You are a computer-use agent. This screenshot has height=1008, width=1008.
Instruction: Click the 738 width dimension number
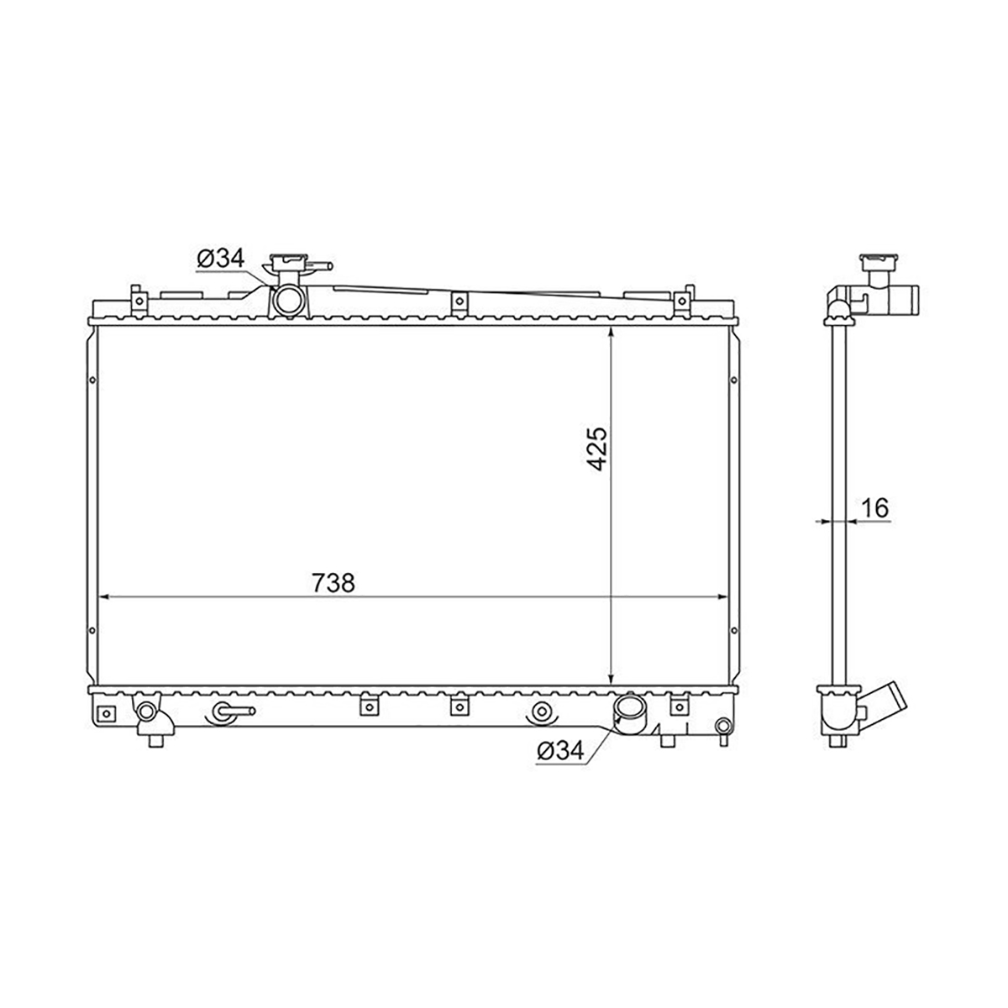click(333, 582)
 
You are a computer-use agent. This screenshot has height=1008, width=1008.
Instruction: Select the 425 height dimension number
click(596, 449)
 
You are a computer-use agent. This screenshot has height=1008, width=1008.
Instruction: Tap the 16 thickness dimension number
click(875, 507)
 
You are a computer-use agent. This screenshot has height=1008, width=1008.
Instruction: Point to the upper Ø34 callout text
click(221, 259)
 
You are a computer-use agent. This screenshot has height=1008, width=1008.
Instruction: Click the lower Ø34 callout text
click(560, 752)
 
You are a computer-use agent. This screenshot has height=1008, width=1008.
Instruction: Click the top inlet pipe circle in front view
click(288, 300)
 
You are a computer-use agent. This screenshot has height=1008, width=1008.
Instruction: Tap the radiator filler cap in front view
click(288, 263)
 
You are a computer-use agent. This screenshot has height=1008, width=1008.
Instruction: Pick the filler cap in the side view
click(879, 263)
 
